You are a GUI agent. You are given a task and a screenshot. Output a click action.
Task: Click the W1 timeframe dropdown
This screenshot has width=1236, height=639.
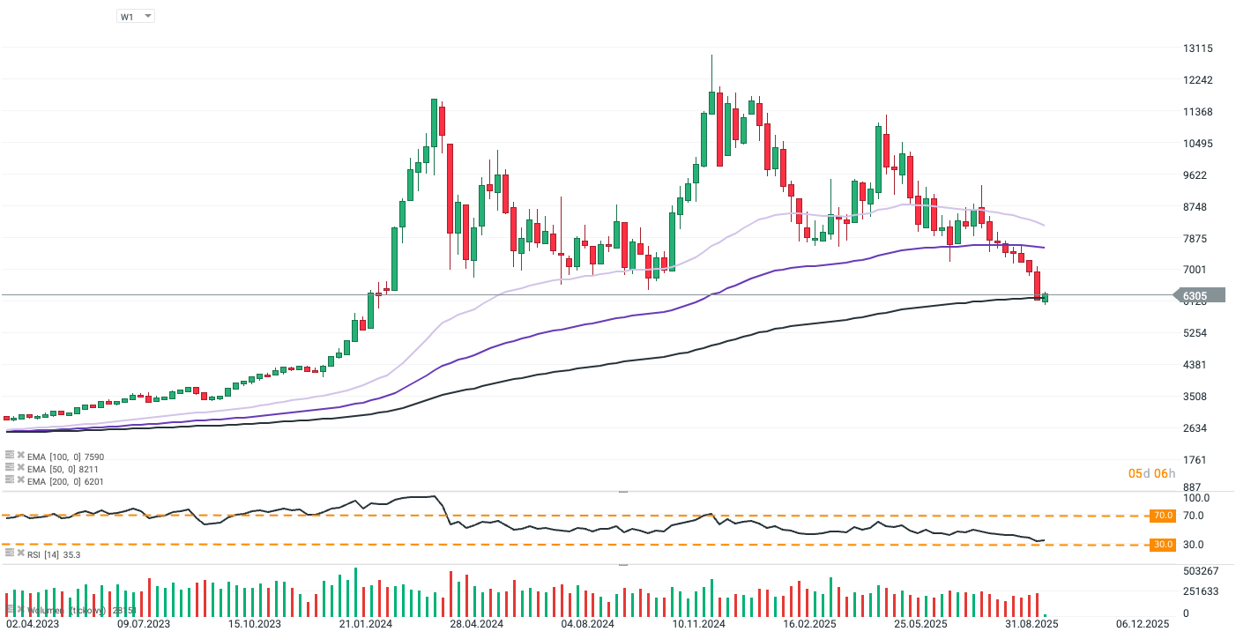136,16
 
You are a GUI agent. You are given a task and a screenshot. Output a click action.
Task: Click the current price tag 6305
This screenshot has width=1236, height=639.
1197,296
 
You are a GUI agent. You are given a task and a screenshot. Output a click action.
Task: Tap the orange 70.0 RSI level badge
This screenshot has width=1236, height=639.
1163,516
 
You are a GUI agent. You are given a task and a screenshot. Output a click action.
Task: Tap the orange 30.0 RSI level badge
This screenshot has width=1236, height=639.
1163,545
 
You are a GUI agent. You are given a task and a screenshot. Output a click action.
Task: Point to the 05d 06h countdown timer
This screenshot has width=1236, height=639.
1152,474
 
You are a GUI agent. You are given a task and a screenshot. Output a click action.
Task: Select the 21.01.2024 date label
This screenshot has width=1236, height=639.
364,624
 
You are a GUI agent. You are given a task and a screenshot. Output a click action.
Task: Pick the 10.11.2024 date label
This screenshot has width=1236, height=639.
698,624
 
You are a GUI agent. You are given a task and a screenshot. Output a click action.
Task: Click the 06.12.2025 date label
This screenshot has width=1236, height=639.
1143,624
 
